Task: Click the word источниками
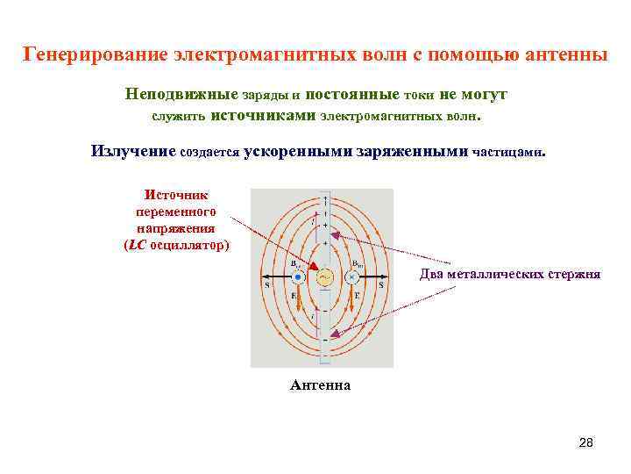[x=265, y=115]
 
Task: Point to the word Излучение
[x=133, y=151]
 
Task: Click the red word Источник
[x=176, y=195]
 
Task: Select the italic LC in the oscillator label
[x=136, y=245]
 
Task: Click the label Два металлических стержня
[x=510, y=274]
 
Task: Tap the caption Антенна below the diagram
[x=320, y=384]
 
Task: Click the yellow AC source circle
[x=324, y=277]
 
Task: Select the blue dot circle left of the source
[x=298, y=277]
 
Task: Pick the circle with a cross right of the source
[x=351, y=277]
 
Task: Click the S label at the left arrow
[x=266, y=285]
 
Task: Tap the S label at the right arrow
[x=381, y=285]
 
